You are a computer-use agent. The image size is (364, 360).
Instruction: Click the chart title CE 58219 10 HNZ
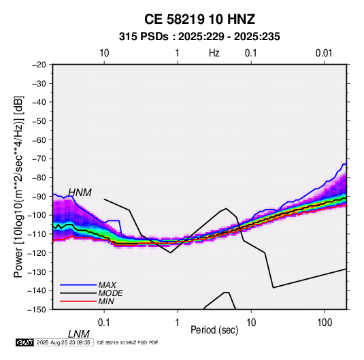(199, 19)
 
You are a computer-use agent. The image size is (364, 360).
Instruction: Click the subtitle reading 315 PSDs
(144, 37)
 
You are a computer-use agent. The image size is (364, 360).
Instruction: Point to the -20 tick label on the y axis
(39, 65)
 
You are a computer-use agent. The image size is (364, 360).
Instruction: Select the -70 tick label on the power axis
(39, 159)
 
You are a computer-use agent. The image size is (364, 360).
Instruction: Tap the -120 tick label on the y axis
(37, 252)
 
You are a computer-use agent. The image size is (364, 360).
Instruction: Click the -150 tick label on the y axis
(37, 310)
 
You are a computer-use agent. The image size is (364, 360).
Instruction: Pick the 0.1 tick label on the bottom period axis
(104, 322)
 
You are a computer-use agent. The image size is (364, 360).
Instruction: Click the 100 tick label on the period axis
(325, 322)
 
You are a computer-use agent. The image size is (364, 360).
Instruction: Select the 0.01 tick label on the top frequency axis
(324, 53)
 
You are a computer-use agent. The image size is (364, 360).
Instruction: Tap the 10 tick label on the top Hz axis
(104, 53)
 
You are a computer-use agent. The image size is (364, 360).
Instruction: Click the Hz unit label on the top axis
(214, 53)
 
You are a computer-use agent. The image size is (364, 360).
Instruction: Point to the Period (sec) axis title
(214, 330)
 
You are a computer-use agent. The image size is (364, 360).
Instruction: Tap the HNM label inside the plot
(80, 193)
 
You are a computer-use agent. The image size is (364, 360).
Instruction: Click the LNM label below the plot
(79, 334)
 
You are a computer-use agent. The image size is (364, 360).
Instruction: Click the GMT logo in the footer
(24, 342)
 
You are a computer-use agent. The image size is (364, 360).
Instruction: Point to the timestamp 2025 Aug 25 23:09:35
(63, 342)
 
